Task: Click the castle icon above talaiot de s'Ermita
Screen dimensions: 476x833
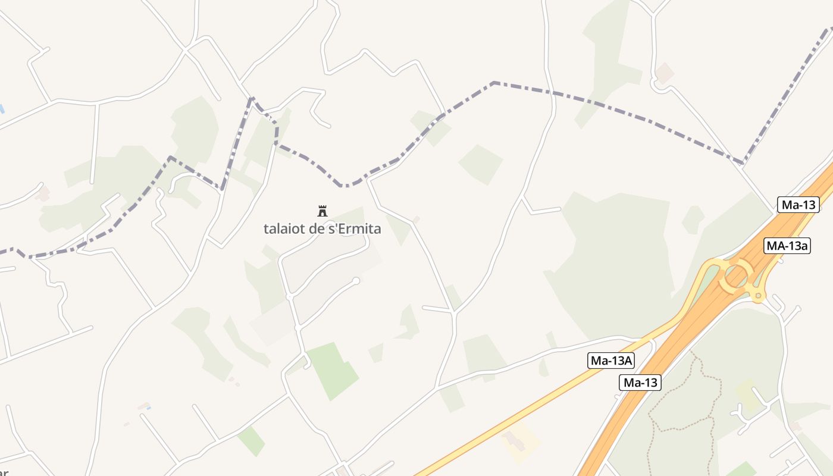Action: [x=322, y=211]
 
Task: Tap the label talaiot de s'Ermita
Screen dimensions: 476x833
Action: [x=322, y=228]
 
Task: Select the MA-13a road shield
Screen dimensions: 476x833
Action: [x=787, y=245]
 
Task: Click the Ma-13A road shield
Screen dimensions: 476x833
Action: [x=611, y=360]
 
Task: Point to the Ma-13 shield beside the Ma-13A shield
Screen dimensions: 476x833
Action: [x=640, y=383]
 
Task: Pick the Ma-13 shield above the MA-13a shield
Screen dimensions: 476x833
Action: [x=798, y=205]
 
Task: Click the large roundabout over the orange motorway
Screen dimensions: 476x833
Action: [x=737, y=275]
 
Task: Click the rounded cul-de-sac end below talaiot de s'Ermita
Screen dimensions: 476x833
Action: [x=356, y=281]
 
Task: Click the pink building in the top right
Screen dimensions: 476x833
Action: [x=663, y=73]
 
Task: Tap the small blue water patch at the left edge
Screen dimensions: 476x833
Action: [x=2, y=109]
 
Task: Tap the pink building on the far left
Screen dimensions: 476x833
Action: [x=42, y=194]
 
